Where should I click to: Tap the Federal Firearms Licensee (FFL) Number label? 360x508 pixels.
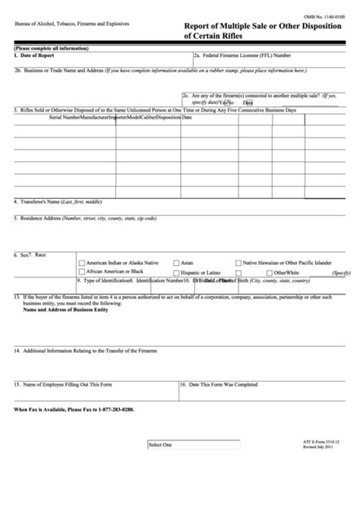242,55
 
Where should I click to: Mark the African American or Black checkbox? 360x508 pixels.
81,271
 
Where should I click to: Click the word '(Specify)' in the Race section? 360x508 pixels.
341,272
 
